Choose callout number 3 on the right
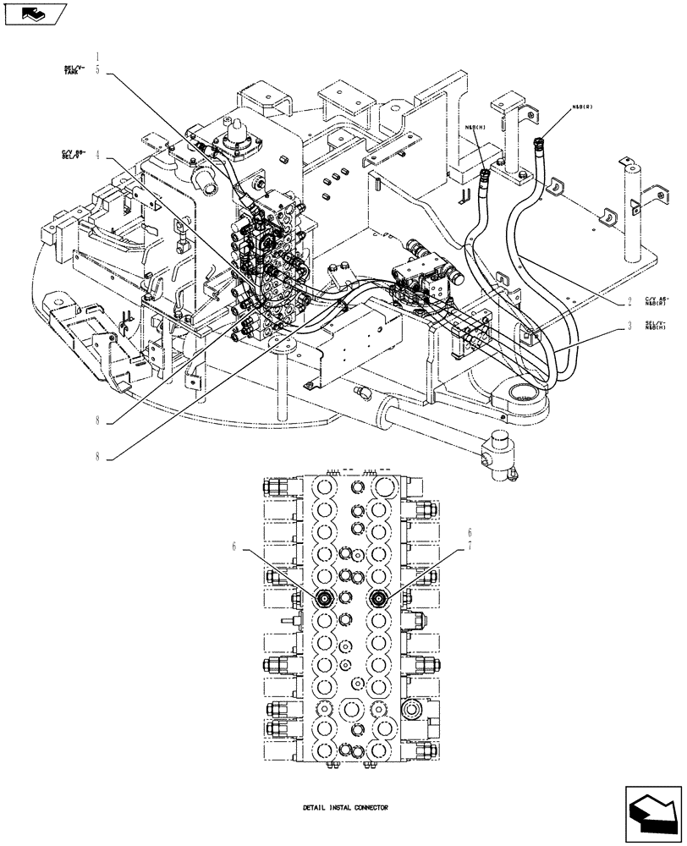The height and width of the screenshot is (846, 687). pyautogui.click(x=629, y=325)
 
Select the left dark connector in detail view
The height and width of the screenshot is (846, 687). pyautogui.click(x=325, y=598)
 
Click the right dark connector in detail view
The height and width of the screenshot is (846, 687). pyautogui.click(x=380, y=598)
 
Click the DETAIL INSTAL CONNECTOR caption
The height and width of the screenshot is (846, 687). pyautogui.click(x=345, y=808)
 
